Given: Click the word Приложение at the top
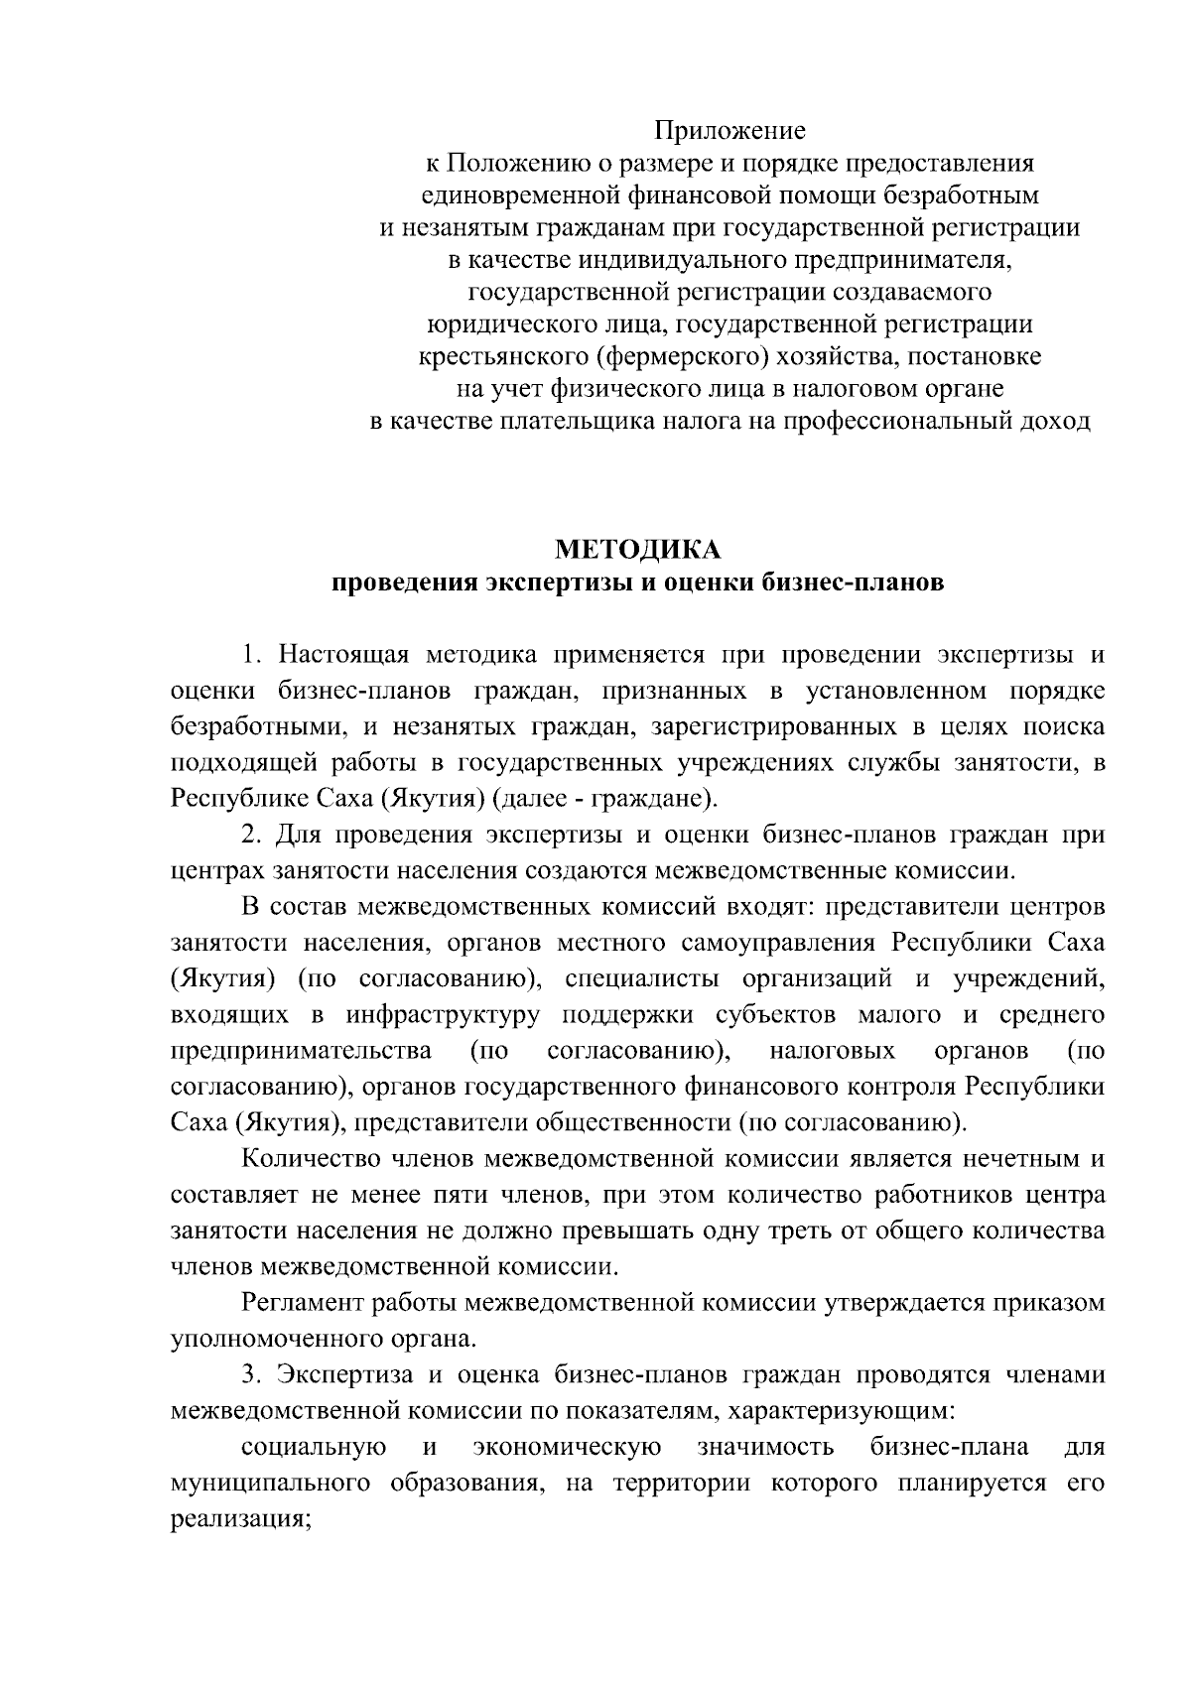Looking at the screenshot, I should pyautogui.click(x=729, y=131).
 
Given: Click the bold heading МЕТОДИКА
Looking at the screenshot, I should pyautogui.click(x=637, y=549).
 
